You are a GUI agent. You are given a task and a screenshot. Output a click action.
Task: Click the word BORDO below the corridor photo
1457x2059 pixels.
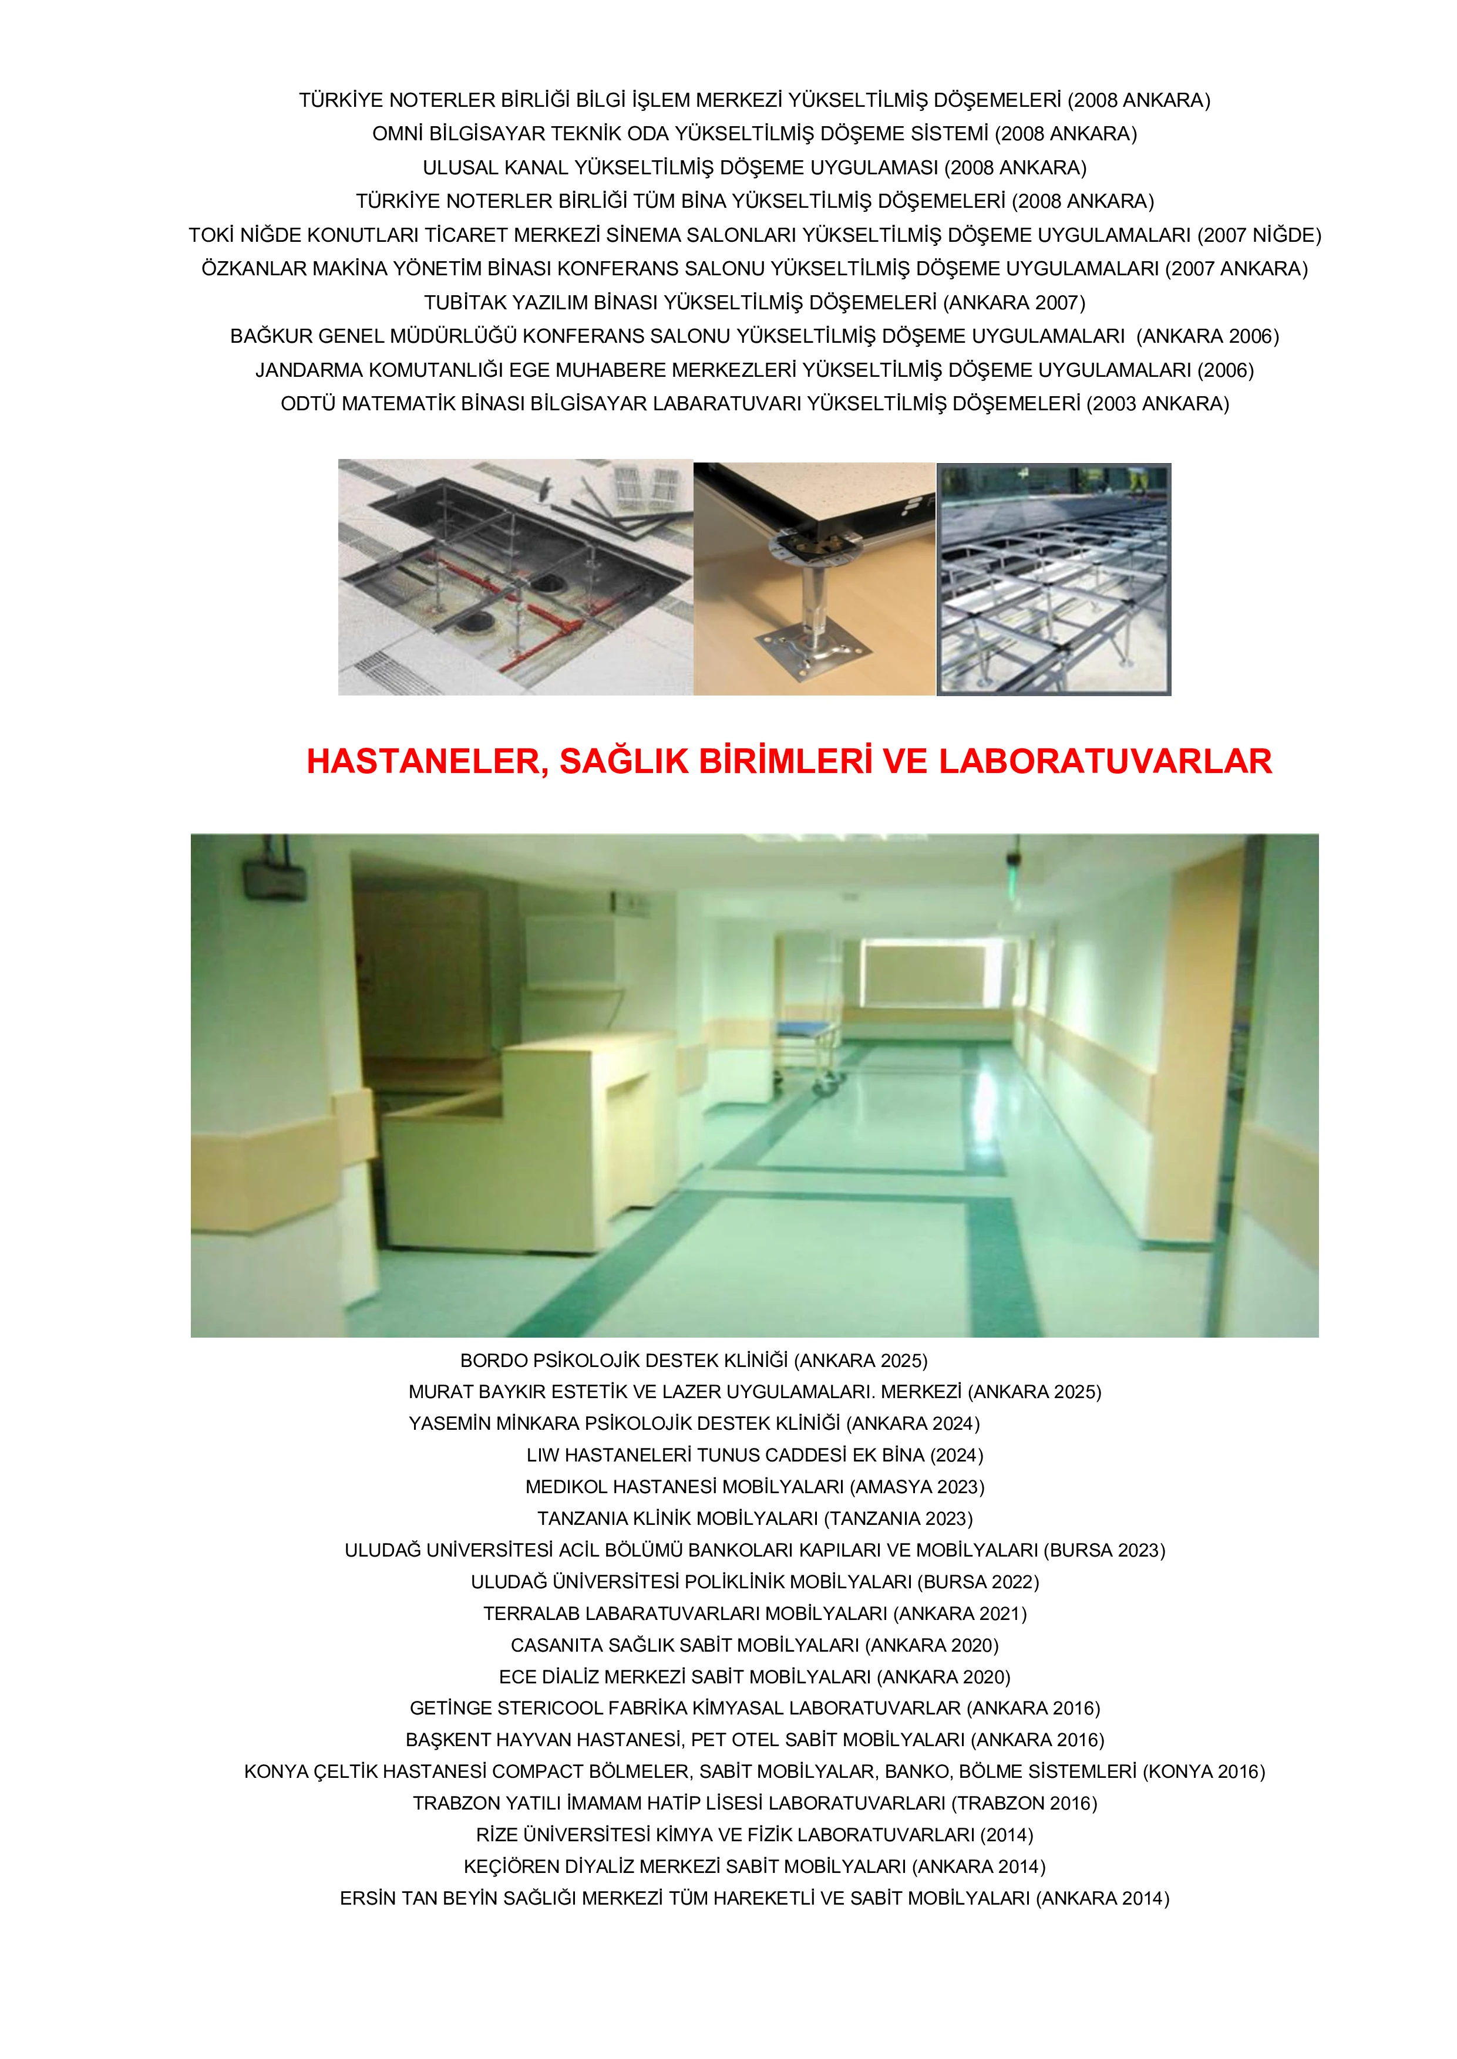click(x=493, y=1361)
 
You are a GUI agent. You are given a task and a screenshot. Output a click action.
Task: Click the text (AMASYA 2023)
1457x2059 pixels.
click(x=917, y=1487)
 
